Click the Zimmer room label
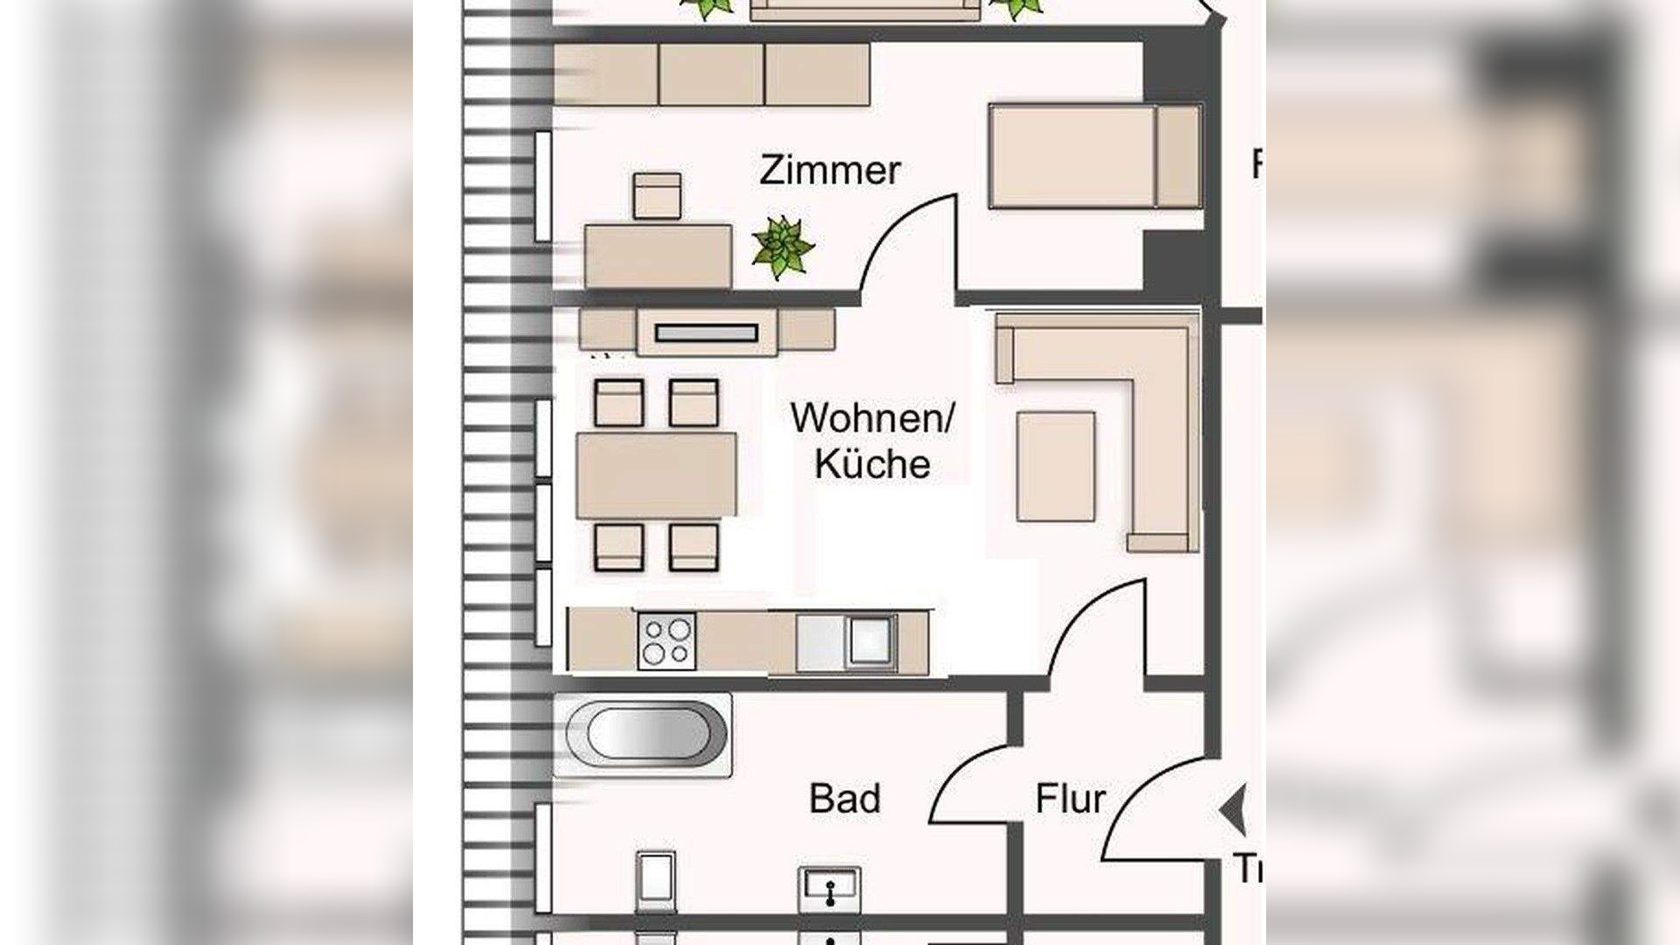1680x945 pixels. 829,170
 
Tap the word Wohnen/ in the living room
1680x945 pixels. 871,418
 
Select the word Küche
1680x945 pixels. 871,465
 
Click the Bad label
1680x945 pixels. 844,799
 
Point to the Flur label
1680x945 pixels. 1070,799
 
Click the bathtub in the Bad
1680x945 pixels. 646,733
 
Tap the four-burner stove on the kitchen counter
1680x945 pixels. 667,641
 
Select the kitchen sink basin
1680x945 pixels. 870,641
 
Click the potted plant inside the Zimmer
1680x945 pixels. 782,248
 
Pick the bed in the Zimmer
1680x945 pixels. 1094,156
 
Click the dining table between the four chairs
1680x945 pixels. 656,475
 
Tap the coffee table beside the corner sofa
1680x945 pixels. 1055,466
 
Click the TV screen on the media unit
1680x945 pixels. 706,332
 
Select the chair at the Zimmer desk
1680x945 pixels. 656,195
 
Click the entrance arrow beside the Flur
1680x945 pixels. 1234,810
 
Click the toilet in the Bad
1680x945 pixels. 655,881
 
